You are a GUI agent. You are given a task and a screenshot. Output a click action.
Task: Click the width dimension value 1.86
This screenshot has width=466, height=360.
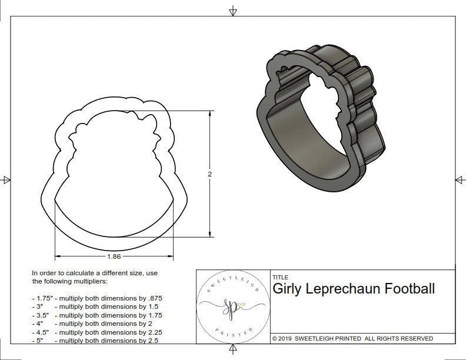(114, 257)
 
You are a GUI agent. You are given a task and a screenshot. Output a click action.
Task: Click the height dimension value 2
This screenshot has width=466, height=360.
(209, 174)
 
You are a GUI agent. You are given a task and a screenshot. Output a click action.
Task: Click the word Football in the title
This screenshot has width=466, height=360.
(410, 289)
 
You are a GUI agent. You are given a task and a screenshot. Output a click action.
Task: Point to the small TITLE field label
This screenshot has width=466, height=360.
(280, 277)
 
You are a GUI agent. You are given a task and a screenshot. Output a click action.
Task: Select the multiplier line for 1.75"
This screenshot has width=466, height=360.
(97, 298)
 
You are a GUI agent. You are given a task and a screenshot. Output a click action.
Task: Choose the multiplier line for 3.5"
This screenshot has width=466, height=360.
(97, 315)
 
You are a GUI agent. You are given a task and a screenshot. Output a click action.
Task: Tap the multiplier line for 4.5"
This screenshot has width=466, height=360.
(97, 332)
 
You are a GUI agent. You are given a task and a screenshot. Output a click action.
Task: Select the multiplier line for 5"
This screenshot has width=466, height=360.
(95, 341)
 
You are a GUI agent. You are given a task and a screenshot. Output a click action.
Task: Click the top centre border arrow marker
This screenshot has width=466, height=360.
(233, 11)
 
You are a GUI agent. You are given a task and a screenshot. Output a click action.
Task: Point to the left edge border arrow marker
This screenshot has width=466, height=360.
(6, 179)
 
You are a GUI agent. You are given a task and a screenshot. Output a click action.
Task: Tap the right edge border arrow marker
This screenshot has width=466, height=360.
(460, 179)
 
